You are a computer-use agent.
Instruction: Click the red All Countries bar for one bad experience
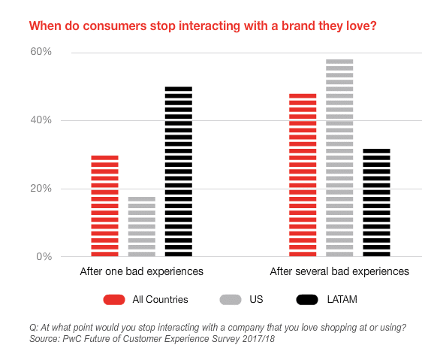(x=104, y=206)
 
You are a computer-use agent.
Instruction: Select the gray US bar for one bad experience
(x=142, y=227)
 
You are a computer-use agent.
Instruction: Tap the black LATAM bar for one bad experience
(x=179, y=171)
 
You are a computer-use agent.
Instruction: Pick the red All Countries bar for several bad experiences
(x=303, y=175)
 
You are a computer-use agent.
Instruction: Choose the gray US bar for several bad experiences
(x=339, y=158)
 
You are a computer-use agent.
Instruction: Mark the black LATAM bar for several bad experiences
(x=376, y=202)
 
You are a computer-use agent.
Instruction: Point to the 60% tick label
(x=41, y=51)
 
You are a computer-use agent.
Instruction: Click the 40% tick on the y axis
(x=41, y=120)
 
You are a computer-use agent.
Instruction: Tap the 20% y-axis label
(x=41, y=189)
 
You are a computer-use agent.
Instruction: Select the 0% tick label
(x=44, y=256)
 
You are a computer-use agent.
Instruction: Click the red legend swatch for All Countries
(x=114, y=300)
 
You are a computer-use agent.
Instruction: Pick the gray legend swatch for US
(x=231, y=300)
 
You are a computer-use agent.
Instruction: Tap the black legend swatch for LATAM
(x=307, y=300)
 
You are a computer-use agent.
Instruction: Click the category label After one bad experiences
(x=142, y=271)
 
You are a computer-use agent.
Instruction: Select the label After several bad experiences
(x=339, y=271)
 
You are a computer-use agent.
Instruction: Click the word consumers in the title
(x=115, y=26)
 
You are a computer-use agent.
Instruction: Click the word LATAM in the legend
(x=342, y=300)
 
